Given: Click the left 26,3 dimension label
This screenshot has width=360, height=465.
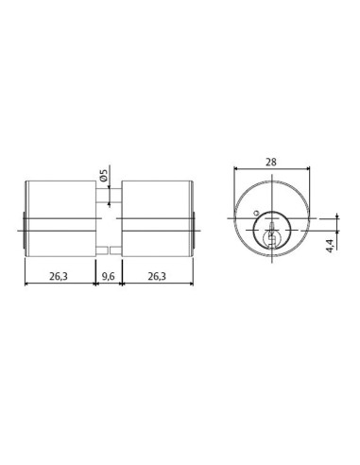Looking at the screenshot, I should (58, 276).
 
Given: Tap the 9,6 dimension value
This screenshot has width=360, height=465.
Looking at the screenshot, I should (107, 276).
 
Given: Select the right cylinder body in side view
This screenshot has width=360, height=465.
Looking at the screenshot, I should (155, 216).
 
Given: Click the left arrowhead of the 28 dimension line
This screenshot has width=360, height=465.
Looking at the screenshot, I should (235, 170).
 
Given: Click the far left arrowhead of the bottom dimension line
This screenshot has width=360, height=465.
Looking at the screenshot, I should (25, 284).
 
